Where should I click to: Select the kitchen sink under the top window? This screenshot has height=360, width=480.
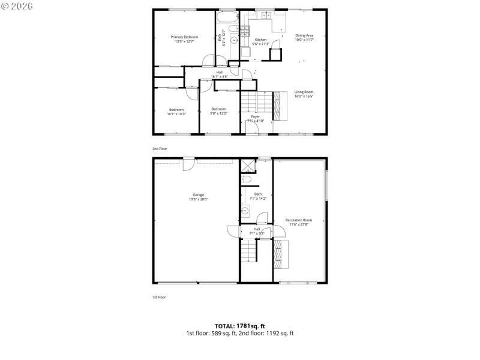click(x=263, y=16)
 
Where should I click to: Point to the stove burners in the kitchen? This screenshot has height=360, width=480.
click(x=245, y=32)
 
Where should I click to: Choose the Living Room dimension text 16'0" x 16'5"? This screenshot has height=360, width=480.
click(x=304, y=96)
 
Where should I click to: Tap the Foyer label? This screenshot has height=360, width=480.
click(x=256, y=116)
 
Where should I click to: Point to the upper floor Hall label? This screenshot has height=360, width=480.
click(x=220, y=73)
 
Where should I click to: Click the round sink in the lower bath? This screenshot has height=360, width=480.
click(x=245, y=211)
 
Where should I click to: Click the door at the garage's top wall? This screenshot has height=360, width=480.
click(x=188, y=161)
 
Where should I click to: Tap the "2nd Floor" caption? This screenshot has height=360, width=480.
click(x=159, y=148)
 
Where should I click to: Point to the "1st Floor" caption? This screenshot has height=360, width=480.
click(x=158, y=297)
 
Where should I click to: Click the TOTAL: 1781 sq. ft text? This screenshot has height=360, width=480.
click(x=239, y=325)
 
